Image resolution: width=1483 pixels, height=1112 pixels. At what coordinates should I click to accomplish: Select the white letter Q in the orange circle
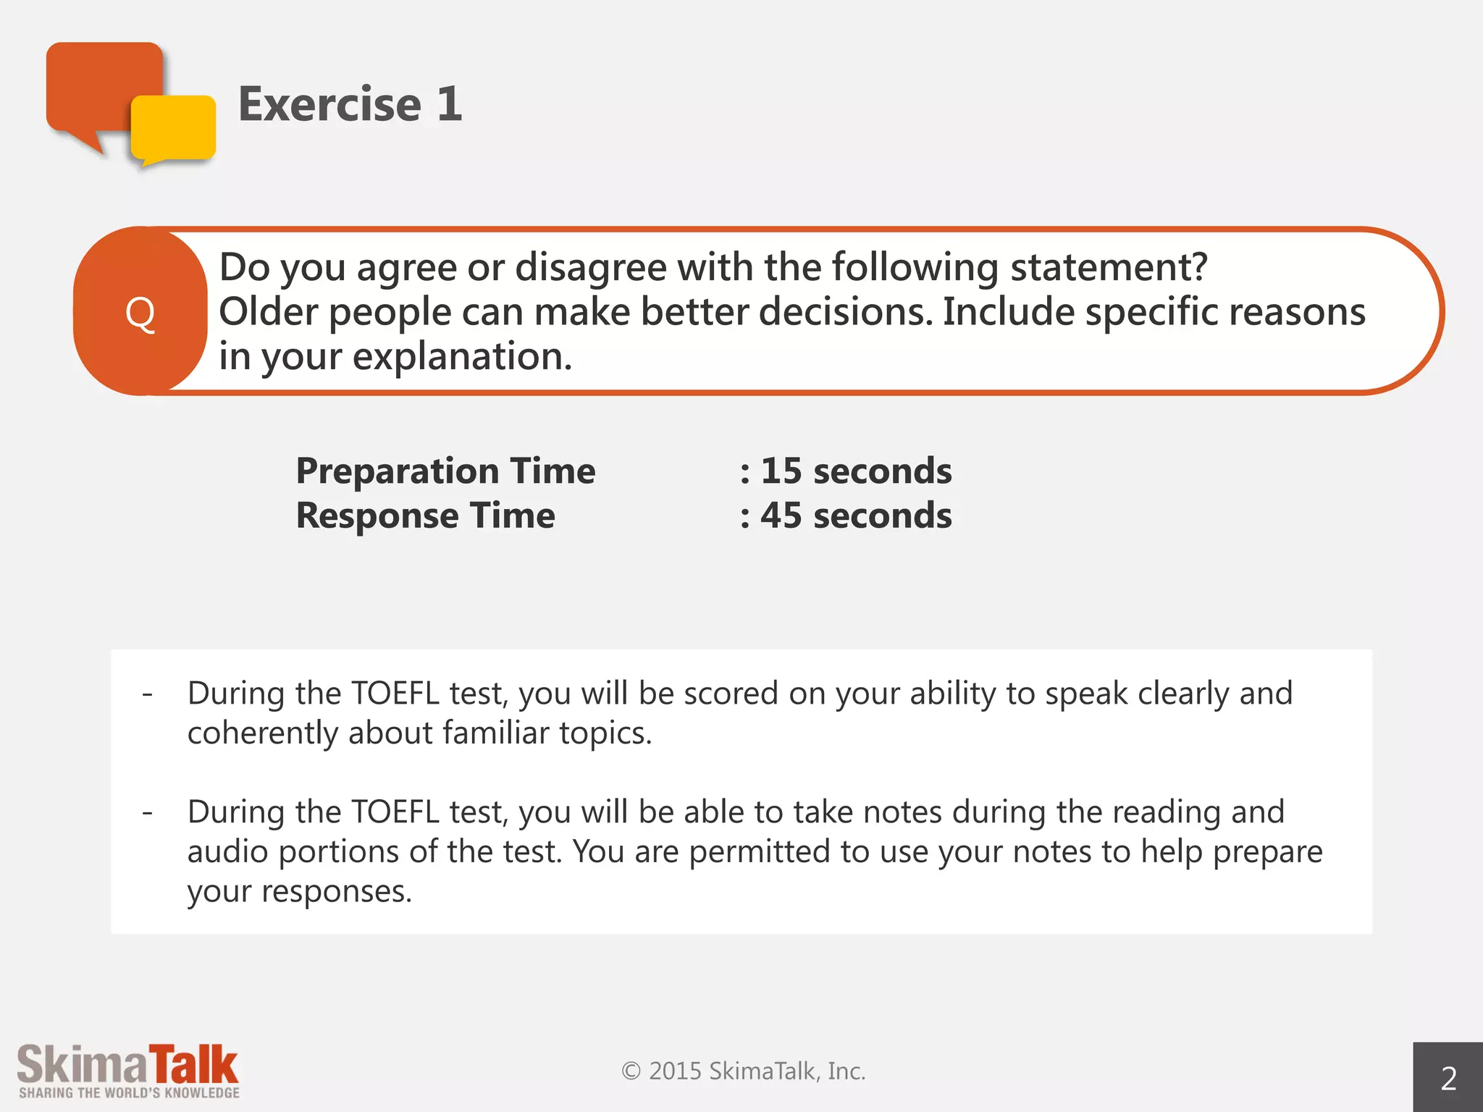pyautogui.click(x=140, y=313)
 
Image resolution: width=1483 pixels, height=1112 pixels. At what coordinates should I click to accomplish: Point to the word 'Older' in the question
pyautogui.click(x=269, y=312)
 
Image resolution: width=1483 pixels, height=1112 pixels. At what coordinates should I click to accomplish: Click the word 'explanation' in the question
pyautogui.click(x=461, y=356)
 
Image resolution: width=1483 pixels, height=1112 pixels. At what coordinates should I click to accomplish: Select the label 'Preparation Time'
pyautogui.click(x=445, y=471)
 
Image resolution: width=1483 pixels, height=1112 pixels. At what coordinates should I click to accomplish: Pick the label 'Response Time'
pyautogui.click(x=425, y=515)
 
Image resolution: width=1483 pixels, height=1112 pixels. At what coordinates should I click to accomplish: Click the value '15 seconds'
pyautogui.click(x=855, y=471)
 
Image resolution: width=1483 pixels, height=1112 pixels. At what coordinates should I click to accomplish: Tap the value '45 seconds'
pyautogui.click(x=855, y=515)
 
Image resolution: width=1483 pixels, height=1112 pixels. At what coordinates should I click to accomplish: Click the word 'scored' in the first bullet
pyautogui.click(x=731, y=694)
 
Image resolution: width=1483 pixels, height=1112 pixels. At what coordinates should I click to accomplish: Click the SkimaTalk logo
pyautogui.click(x=128, y=1071)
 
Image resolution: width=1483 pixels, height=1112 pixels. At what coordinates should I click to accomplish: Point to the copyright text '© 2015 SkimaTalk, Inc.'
pyautogui.click(x=743, y=1071)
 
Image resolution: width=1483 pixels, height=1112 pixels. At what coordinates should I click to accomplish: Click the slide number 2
pyautogui.click(x=1448, y=1079)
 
